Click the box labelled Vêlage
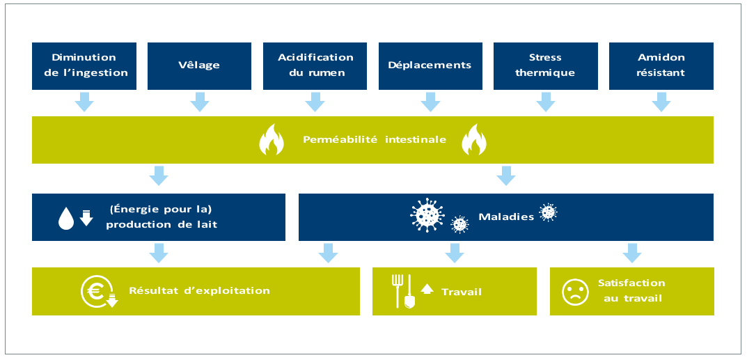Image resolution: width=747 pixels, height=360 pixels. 199,65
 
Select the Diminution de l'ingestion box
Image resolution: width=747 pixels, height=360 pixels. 84,65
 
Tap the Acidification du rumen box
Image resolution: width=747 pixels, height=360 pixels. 315,65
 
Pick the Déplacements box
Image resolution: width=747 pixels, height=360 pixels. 430,65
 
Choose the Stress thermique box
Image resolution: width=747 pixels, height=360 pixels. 545,65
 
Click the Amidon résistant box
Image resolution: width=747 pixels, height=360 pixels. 661,65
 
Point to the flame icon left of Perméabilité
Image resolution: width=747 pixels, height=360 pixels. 272,140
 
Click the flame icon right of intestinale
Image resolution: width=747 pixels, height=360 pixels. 475,140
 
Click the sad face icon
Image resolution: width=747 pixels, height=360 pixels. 574,291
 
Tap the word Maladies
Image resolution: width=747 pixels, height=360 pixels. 506,217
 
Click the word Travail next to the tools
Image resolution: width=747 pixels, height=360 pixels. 462,292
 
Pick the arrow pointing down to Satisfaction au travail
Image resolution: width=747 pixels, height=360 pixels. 631,252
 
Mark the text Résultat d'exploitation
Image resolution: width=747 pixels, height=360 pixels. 199,290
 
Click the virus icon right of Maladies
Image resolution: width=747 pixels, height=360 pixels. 549,212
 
